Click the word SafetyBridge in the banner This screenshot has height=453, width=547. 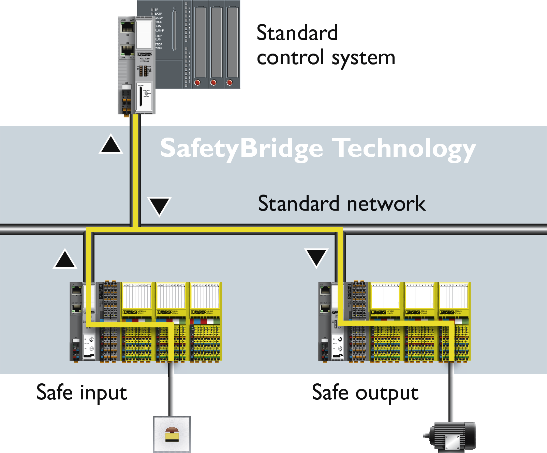pyautogui.click(x=241, y=148)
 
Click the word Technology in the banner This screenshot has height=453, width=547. pyautogui.click(x=404, y=148)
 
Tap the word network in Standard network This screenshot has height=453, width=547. pyautogui.click(x=386, y=204)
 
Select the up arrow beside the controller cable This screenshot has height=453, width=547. pyautogui.click(x=111, y=144)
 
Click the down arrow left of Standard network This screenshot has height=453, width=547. pyautogui.click(x=159, y=206)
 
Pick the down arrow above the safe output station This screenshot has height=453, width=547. pyautogui.click(x=316, y=257)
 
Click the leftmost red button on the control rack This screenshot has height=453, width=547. pyautogui.click(x=197, y=82)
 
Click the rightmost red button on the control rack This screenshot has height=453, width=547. pyautogui.click(x=230, y=82)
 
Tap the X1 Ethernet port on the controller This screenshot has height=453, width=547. pyautogui.click(x=127, y=27)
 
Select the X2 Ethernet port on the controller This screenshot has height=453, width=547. pyautogui.click(x=127, y=50)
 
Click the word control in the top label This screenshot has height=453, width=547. pyautogui.click(x=290, y=57)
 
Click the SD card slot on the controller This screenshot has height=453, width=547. pyautogui.click(x=140, y=97)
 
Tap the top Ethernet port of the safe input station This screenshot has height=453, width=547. pyautogui.click(x=77, y=291)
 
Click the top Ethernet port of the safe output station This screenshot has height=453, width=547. pyautogui.click(x=325, y=291)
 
